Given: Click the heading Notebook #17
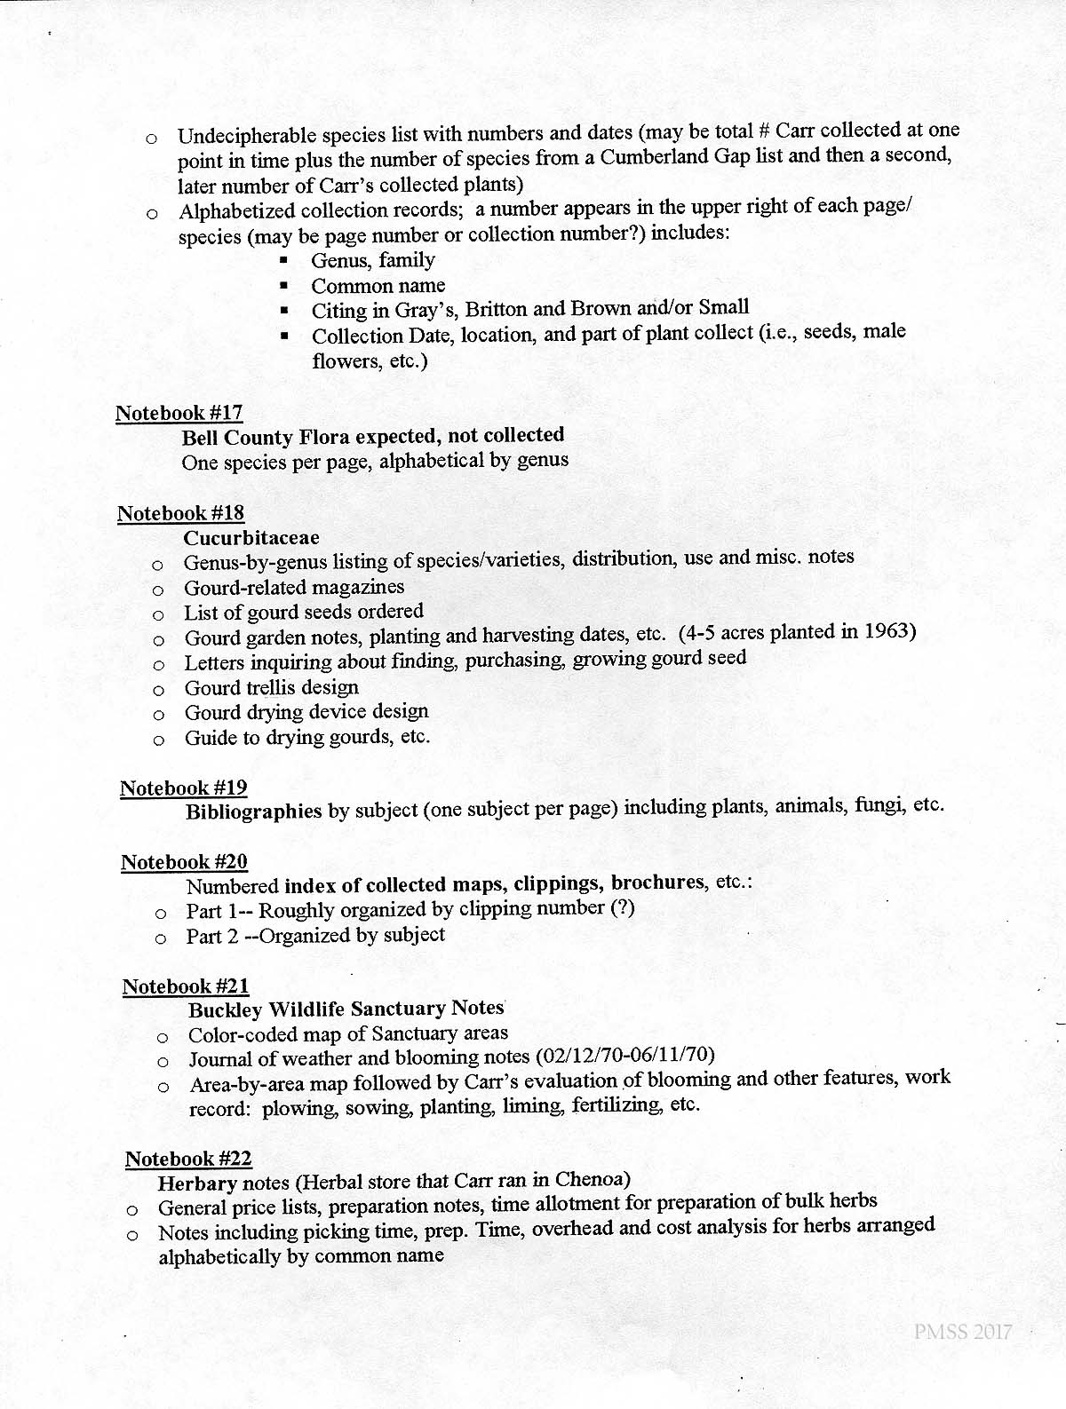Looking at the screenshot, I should [x=179, y=413].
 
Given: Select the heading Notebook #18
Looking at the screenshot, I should [x=180, y=513].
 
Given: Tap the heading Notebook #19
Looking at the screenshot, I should [x=183, y=788].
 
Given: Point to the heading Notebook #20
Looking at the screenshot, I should [x=184, y=862].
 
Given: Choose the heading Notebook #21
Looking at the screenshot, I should [x=186, y=986].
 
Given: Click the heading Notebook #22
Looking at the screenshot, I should [x=188, y=1159].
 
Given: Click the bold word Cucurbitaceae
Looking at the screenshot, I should [x=251, y=538].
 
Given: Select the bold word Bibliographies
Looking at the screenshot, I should [x=253, y=811].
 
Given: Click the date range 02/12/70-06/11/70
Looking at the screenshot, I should [x=626, y=1056].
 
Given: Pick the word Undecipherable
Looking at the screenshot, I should [x=246, y=137].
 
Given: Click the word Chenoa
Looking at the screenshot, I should [x=593, y=1180].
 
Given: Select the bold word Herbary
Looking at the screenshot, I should [x=197, y=1183].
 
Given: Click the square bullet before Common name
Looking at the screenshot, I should [x=284, y=286].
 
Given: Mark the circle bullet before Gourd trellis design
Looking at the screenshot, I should [x=158, y=689].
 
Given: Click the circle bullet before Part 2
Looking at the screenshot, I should [x=161, y=937].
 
